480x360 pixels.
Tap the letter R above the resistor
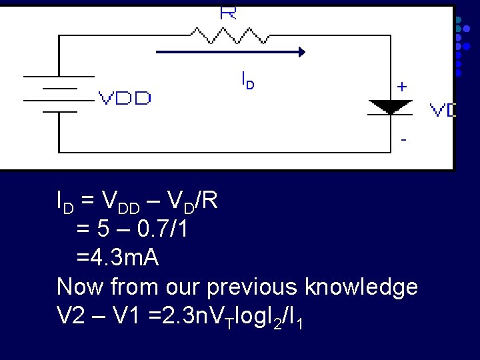tap(228, 13)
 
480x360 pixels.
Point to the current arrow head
tap(301, 52)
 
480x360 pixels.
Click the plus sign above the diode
tap(402, 87)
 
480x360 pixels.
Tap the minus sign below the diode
tap(403, 141)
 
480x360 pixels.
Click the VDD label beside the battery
tap(125, 99)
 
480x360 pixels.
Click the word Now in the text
tap(80, 287)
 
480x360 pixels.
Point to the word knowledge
tap(361, 287)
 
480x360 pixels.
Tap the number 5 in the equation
tap(103, 229)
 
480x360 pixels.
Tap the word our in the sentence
tap(181, 287)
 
